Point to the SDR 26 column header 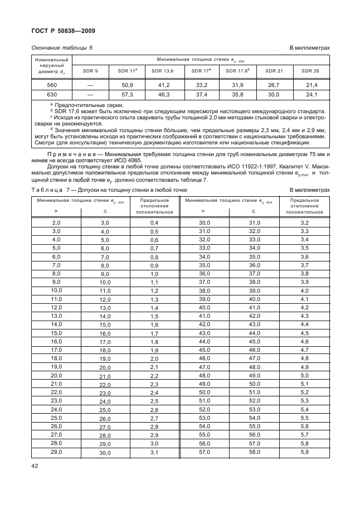[x=310, y=71]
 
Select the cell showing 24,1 [x=310, y=95]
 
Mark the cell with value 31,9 [x=237, y=85]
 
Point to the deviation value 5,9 [x=304, y=452]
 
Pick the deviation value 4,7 [x=304, y=350]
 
